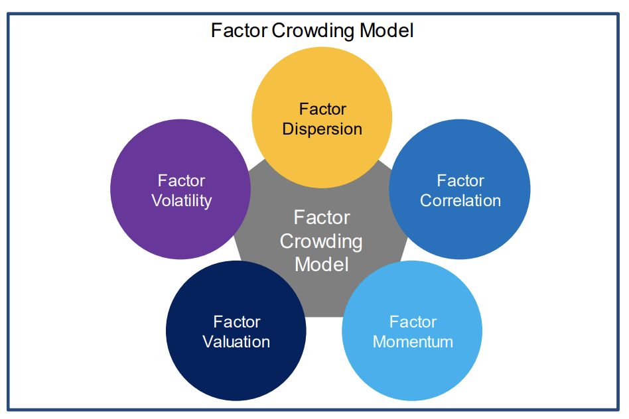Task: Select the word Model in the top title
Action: click(x=386, y=30)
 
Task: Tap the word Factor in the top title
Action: click(x=239, y=30)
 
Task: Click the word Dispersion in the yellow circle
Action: click(x=322, y=129)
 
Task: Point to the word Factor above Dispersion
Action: click(x=322, y=109)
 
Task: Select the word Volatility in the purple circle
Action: click(x=181, y=201)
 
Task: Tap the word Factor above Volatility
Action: click(x=181, y=180)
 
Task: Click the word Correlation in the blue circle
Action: click(x=460, y=200)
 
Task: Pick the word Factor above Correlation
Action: click(x=460, y=180)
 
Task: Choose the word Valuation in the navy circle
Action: click(x=236, y=341)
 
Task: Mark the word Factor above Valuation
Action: click(x=237, y=322)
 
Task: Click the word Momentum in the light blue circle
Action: click(x=413, y=341)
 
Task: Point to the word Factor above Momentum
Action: click(x=413, y=322)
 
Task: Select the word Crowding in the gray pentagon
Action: click(x=321, y=242)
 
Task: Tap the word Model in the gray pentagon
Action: click(x=322, y=265)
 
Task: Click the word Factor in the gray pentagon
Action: click(x=322, y=217)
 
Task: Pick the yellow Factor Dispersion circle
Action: click(x=322, y=117)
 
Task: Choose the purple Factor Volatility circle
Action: click(x=180, y=189)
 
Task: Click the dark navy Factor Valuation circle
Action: click(x=236, y=330)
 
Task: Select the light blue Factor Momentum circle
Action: click(x=412, y=330)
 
